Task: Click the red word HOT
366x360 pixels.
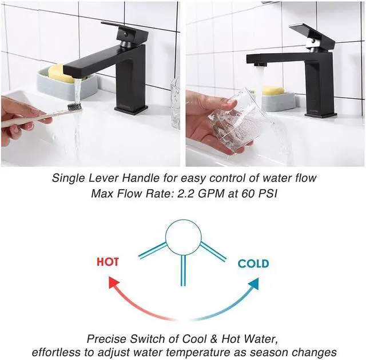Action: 108,262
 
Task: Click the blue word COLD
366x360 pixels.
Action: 253,263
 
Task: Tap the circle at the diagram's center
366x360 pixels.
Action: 183,238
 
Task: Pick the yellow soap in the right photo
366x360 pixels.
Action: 273,90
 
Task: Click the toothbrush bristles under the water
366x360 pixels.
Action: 74,106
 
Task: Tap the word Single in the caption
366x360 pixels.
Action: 68,178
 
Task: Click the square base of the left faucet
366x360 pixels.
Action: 131,109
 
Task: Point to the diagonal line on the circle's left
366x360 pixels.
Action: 153,250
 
